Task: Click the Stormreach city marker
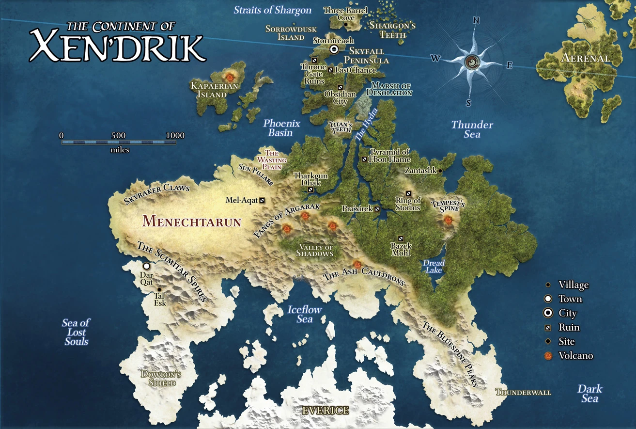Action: (x=334, y=49)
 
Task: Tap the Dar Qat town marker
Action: (x=146, y=266)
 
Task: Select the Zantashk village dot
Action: (x=440, y=171)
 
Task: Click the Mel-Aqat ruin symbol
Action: (x=262, y=200)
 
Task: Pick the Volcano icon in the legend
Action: (x=548, y=356)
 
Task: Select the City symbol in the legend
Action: (x=548, y=313)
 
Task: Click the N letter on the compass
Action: (x=476, y=20)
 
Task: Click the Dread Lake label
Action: (x=434, y=267)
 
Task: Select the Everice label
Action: (x=325, y=411)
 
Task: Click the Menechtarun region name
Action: (x=192, y=222)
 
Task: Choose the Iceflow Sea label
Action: (x=305, y=314)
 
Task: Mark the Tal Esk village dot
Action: (x=159, y=290)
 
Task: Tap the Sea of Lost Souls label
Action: (x=76, y=332)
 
